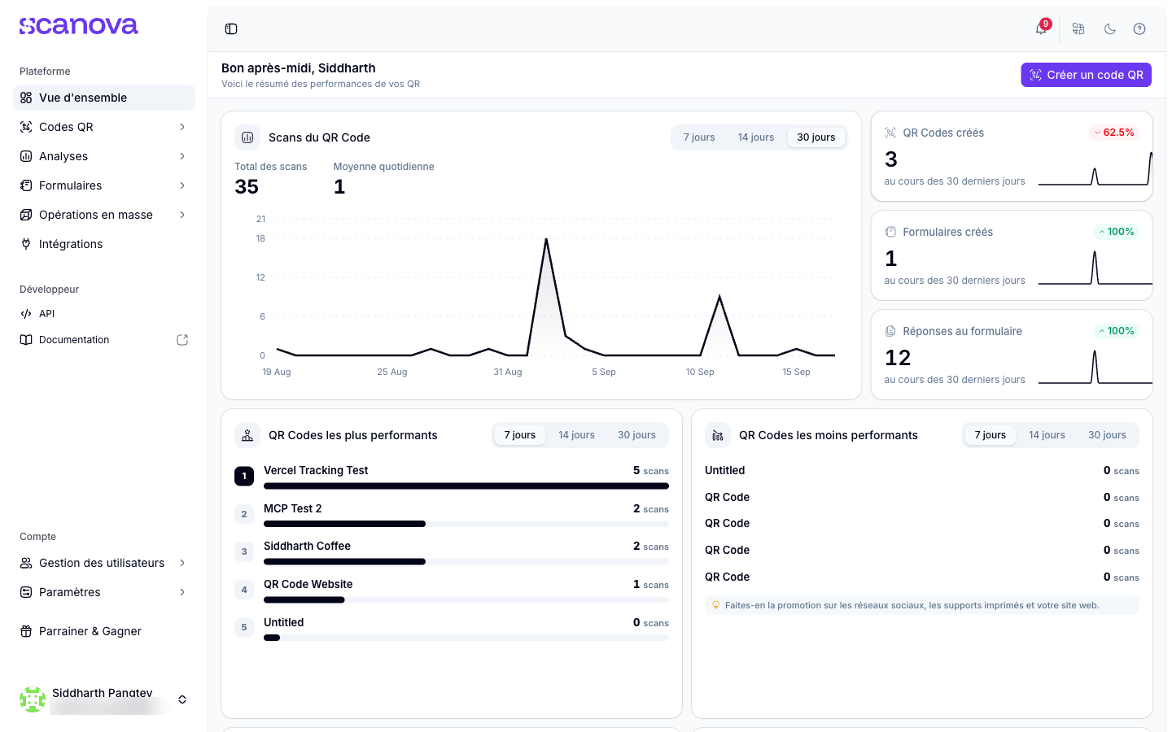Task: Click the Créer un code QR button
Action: (x=1086, y=75)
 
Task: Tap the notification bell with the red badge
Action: (x=1041, y=28)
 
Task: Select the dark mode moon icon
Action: (x=1110, y=28)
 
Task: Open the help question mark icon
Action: (x=1139, y=28)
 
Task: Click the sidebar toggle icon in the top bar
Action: (x=231, y=28)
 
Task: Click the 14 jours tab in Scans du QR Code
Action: (x=755, y=137)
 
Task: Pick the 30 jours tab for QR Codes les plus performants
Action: (x=636, y=435)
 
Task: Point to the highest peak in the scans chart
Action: (x=546, y=239)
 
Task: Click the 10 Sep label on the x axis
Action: (x=700, y=372)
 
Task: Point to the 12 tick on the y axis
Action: (x=260, y=277)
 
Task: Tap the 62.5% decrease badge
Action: (x=1114, y=133)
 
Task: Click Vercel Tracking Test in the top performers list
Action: (x=316, y=470)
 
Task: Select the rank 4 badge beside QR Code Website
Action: (x=244, y=590)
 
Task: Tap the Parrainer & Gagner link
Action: (x=81, y=631)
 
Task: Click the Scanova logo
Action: (x=78, y=26)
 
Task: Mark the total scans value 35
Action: (x=247, y=187)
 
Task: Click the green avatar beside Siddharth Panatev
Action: (x=33, y=699)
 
